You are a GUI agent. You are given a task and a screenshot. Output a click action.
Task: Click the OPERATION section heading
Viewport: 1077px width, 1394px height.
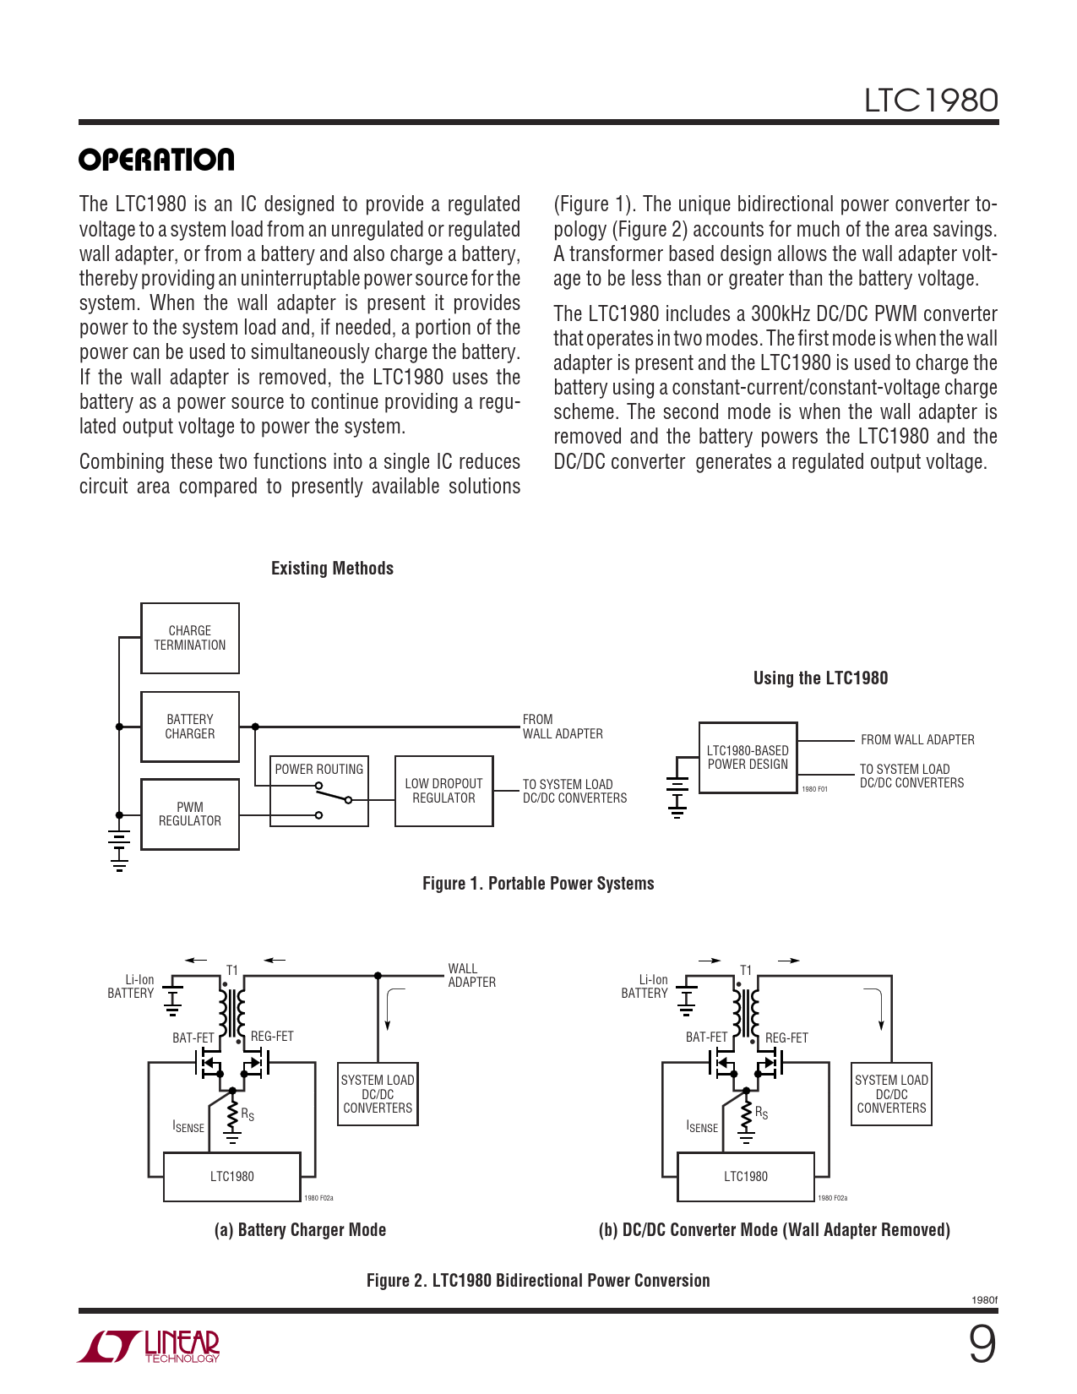[x=156, y=160]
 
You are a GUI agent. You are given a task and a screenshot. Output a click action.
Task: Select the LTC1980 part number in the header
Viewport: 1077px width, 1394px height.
[x=930, y=101]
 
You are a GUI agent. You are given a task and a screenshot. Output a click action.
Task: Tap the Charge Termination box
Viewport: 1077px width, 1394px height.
[x=190, y=639]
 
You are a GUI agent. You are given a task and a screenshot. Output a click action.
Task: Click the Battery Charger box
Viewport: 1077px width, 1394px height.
[x=190, y=727]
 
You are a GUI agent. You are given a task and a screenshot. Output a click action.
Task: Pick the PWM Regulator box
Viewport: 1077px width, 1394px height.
[x=190, y=814]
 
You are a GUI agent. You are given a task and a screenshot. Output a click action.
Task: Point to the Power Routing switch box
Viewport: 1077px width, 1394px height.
[x=319, y=791]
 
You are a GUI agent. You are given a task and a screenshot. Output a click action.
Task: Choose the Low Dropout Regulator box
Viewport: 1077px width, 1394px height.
[x=444, y=791]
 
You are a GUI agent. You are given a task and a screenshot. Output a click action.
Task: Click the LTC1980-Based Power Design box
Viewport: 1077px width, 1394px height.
[x=748, y=758]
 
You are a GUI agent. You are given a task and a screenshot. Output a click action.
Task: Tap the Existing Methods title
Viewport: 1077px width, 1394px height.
[x=332, y=569]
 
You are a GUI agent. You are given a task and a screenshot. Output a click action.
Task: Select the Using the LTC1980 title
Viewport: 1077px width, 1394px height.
[x=820, y=678]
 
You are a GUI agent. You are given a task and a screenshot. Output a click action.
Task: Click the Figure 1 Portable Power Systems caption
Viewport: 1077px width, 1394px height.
[x=538, y=884]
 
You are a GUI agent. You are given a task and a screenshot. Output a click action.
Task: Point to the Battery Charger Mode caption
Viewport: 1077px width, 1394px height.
[x=300, y=1230]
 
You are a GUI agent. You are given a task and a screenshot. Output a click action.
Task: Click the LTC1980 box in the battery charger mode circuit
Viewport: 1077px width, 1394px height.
[x=232, y=1177]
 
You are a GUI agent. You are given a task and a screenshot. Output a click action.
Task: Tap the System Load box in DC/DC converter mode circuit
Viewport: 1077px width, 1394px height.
[x=891, y=1094]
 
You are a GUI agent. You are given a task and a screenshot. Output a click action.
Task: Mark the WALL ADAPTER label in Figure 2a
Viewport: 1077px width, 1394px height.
[x=471, y=976]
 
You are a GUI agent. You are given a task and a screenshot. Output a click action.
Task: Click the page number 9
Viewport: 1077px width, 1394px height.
[x=982, y=1345]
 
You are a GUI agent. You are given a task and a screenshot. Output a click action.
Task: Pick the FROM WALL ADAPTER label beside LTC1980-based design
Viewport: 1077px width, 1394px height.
[x=917, y=740]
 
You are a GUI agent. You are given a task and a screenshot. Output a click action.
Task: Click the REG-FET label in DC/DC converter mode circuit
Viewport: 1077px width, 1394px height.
[x=786, y=1038]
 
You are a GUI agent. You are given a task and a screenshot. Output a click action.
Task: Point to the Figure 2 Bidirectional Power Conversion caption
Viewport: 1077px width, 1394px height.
[x=538, y=1281]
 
